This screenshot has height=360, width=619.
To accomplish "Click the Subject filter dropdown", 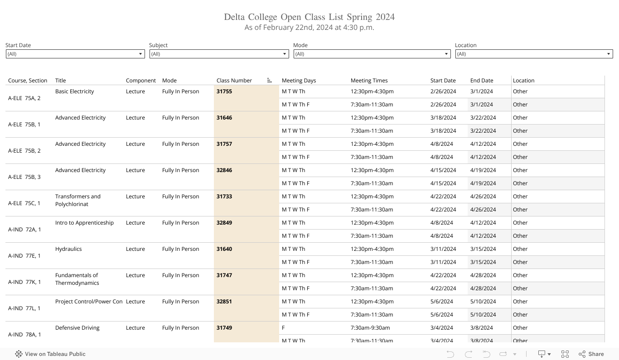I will pos(219,54).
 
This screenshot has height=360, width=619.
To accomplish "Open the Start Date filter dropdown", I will pos(75,54).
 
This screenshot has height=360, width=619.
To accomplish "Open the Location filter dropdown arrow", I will pos(609,54).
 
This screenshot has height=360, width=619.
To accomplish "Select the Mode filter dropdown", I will pos(372,54).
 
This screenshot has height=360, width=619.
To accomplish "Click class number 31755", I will pos(224,91).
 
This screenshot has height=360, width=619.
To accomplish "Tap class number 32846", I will pos(224,170).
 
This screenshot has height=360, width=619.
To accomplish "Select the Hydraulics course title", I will pos(68,249).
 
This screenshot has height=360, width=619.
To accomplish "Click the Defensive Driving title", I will pos(77,328).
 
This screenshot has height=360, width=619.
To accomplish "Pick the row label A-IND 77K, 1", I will pos(24,282).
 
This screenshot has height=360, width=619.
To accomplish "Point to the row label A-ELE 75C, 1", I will pos(24,203).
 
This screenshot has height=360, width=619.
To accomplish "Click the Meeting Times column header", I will pos(369,81).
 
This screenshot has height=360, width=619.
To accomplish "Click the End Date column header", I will pos(482,81).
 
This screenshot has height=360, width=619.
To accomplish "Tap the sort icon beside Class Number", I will pos(270,81).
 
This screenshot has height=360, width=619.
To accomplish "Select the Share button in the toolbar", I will pos(591,354).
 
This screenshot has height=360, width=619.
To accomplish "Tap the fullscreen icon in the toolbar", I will pos(565,354).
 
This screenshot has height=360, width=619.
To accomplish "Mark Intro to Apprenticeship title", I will pos(84,223).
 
